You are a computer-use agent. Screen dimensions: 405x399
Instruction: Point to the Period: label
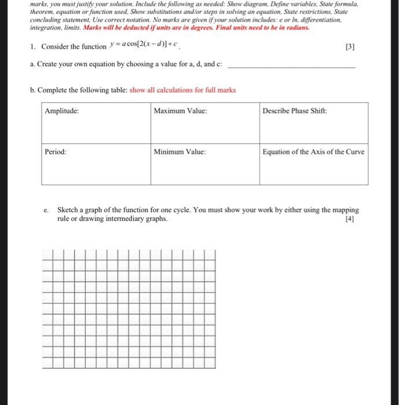pos(56,152)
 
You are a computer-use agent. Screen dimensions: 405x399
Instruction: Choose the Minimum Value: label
pos(180,152)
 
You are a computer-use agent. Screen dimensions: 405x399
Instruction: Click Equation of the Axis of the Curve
pos(313,152)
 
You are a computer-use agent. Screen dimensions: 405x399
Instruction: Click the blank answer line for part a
pos(292,67)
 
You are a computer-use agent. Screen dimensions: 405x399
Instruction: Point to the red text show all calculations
pos(183,90)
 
